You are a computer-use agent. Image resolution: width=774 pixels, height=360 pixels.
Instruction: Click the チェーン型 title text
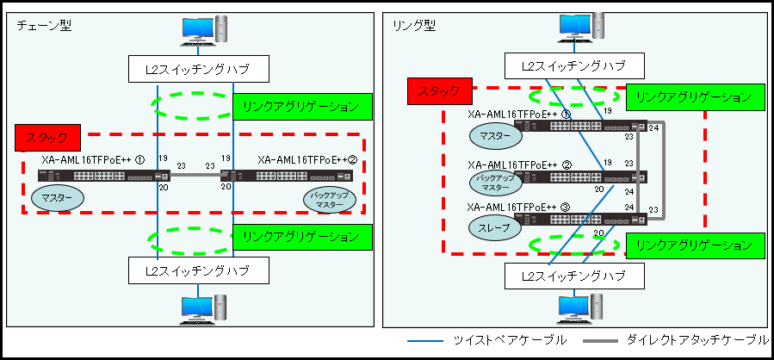(x=44, y=25)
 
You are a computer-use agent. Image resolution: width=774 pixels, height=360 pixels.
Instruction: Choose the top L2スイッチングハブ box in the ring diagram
(x=573, y=65)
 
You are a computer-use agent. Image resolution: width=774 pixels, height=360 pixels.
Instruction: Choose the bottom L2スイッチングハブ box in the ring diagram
(x=573, y=276)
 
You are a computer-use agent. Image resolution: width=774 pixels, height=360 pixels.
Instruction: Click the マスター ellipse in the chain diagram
(x=58, y=197)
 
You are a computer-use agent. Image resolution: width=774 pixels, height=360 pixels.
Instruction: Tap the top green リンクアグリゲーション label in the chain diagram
(x=300, y=107)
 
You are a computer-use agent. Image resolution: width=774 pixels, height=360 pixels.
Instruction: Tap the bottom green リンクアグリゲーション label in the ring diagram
(x=694, y=245)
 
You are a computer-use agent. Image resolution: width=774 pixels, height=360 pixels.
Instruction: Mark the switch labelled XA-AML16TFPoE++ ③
(x=580, y=219)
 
